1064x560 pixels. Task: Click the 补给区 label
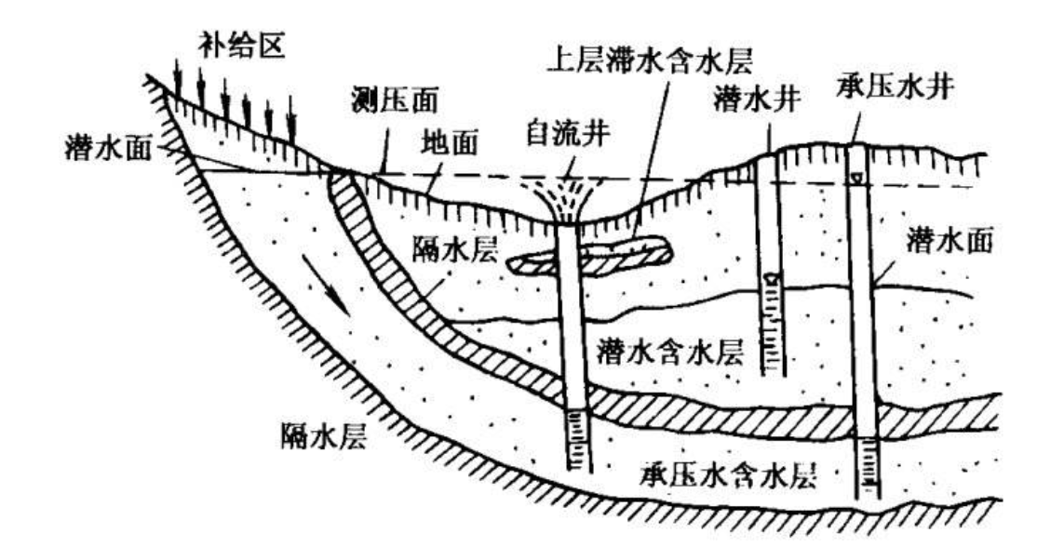(x=233, y=44)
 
